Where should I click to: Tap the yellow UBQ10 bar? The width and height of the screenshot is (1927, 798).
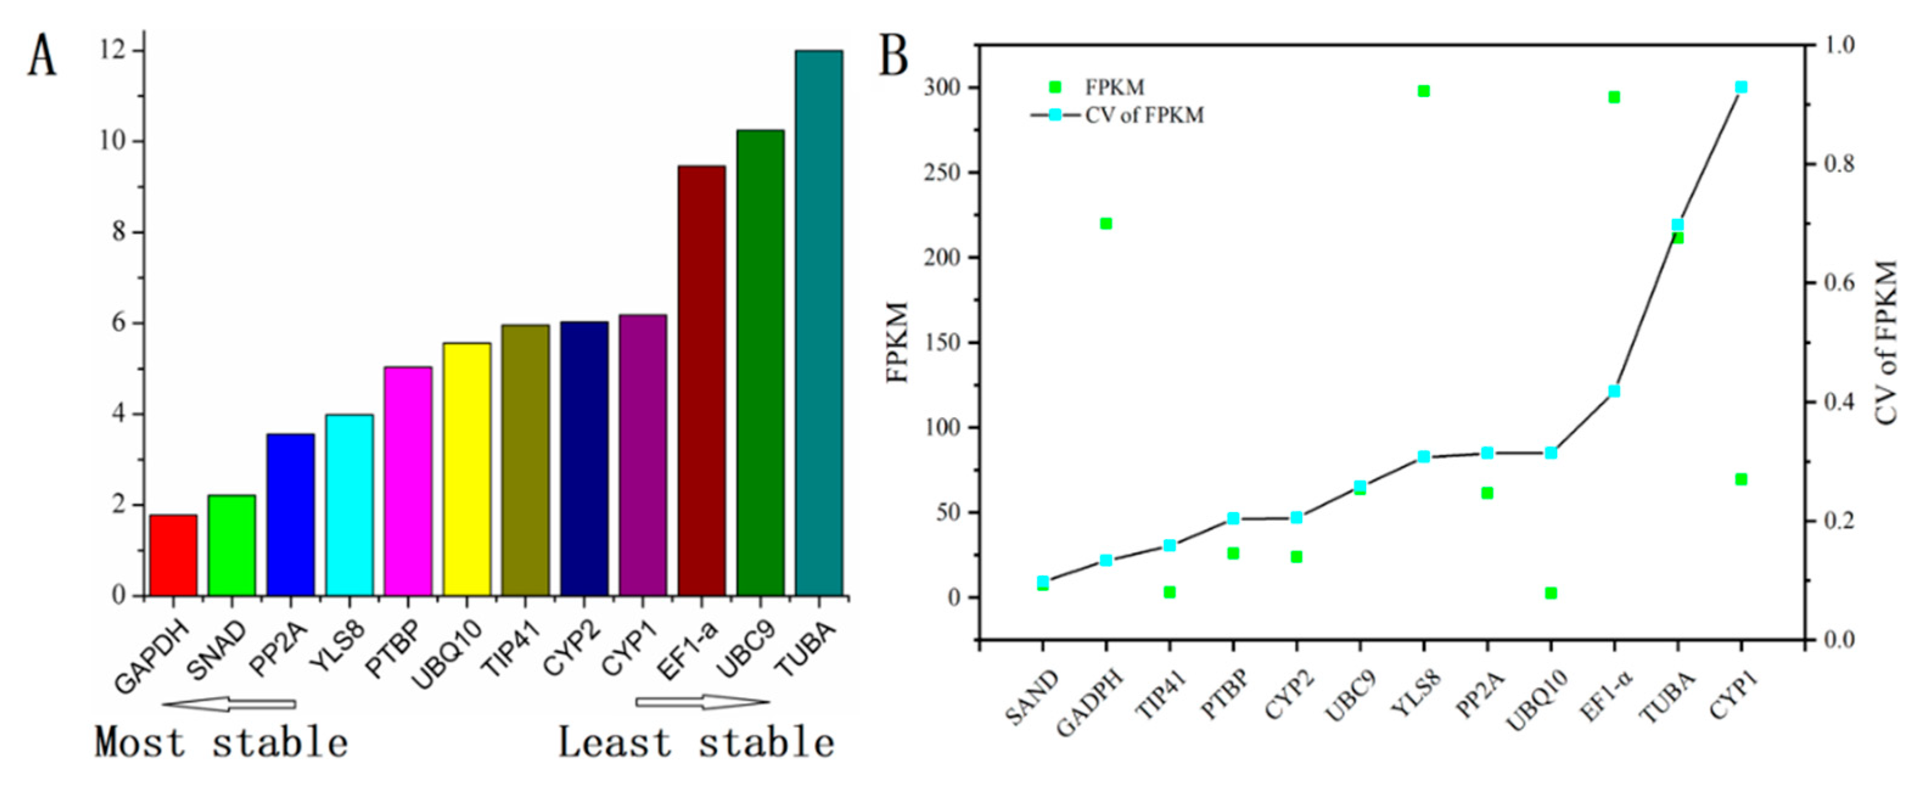point(467,469)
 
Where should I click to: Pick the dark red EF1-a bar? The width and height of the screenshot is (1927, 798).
point(702,381)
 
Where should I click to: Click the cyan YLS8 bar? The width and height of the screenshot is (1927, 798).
point(349,505)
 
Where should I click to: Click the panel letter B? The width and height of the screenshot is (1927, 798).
point(893,56)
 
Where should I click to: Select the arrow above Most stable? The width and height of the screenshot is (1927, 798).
point(229,704)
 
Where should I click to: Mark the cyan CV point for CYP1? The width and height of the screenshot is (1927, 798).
point(1741,88)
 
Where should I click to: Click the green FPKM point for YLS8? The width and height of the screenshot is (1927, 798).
point(1424,91)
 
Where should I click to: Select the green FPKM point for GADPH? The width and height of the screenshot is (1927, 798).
point(1106,224)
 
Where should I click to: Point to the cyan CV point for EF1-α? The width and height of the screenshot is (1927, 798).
point(1614,391)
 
